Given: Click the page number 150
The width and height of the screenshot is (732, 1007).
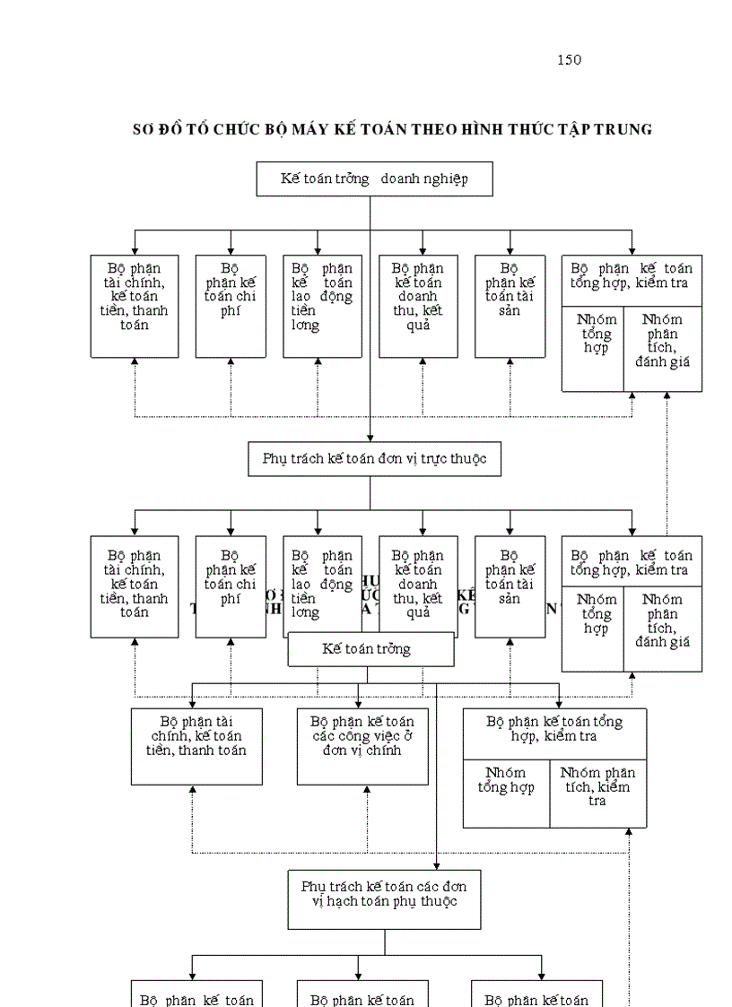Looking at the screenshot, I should [569, 60].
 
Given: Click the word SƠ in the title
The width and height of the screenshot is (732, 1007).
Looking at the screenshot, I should [144, 129].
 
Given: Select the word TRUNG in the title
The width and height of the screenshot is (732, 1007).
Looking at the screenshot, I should [626, 129].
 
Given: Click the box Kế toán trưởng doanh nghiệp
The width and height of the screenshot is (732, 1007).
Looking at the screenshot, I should [374, 178].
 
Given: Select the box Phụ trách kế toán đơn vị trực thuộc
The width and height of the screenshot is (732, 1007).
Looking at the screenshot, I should [374, 458].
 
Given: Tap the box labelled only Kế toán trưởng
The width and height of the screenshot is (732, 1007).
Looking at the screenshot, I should [370, 649].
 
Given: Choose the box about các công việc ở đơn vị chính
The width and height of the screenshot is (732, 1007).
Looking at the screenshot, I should [362, 746].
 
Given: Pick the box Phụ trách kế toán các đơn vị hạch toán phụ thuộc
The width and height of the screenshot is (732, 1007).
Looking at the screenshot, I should [384, 898].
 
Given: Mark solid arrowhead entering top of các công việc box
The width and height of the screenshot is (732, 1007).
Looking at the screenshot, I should [359, 702].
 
